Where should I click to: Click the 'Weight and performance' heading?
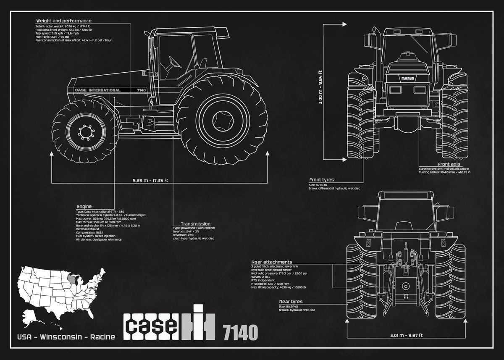63,21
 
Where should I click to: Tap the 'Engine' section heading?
84,206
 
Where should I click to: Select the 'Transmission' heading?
195,224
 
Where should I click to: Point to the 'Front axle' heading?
449,164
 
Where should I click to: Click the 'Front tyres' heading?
322,180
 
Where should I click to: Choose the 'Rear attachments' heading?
271,262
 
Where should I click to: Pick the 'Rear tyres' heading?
291,302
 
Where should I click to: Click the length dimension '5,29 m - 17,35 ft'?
150,181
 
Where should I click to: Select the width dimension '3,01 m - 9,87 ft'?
406,335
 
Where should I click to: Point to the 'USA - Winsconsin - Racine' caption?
66,337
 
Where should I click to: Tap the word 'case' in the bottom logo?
150,326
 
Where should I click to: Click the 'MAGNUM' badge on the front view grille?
407,79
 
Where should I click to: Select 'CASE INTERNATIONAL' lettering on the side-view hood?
97,90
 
